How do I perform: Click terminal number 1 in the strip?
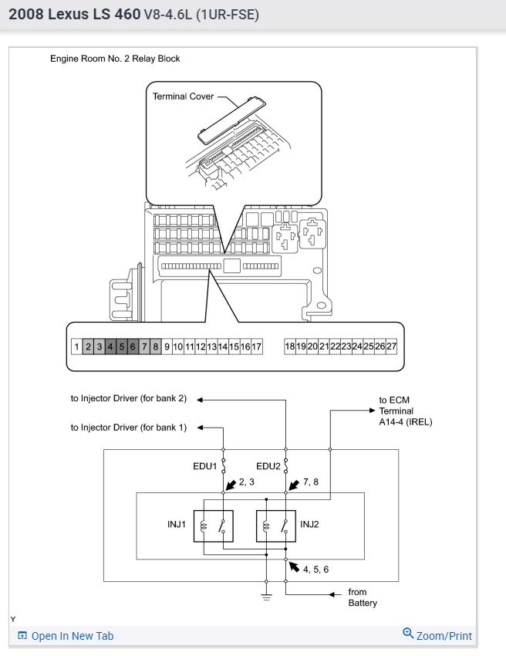pyautogui.click(x=76, y=347)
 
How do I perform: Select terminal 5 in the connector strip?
pyautogui.click(x=121, y=347)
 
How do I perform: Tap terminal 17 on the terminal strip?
pyautogui.click(x=257, y=347)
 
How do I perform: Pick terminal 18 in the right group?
pyautogui.click(x=290, y=347)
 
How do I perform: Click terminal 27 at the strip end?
pyautogui.click(x=391, y=347)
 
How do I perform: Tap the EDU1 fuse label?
pyautogui.click(x=206, y=466)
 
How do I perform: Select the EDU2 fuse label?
pyautogui.click(x=269, y=466)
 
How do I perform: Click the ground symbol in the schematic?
pyautogui.click(x=265, y=593)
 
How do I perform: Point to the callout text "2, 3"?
pyautogui.click(x=248, y=482)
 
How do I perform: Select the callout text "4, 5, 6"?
pyautogui.click(x=316, y=570)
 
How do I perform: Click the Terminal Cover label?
pyautogui.click(x=183, y=96)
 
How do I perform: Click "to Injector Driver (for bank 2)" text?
pyautogui.click(x=129, y=399)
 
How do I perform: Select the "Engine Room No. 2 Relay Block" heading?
pyautogui.click(x=115, y=59)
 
